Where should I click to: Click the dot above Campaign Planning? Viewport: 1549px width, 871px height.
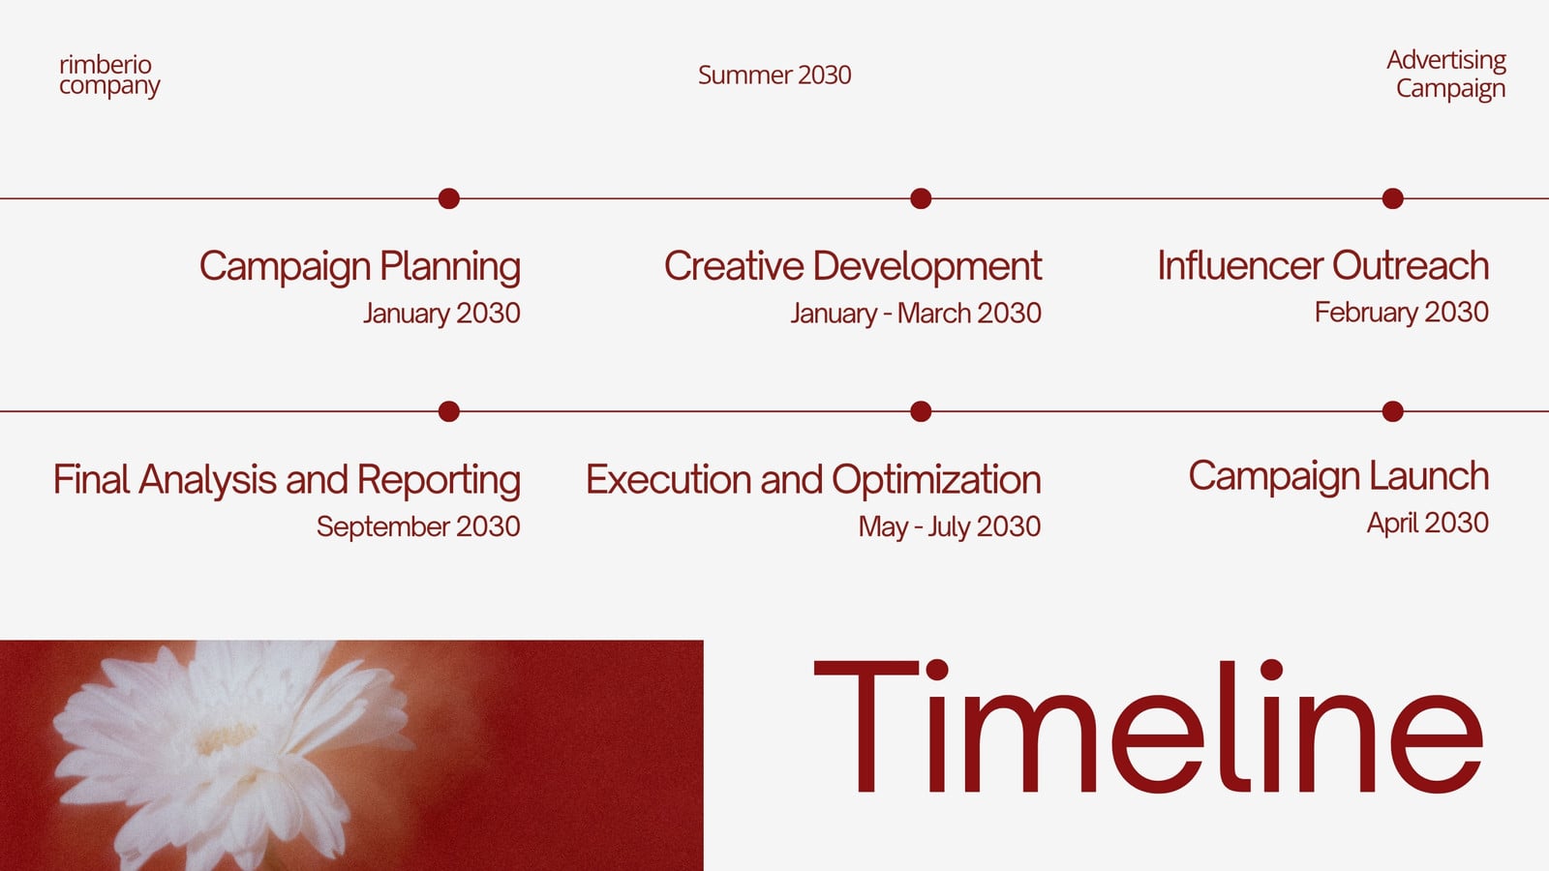(x=449, y=198)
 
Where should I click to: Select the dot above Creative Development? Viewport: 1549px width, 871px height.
(x=921, y=198)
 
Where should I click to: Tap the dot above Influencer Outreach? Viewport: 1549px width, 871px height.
(x=1393, y=198)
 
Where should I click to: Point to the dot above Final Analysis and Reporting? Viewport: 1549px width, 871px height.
(x=449, y=411)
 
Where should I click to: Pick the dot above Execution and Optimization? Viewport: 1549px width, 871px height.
(x=921, y=411)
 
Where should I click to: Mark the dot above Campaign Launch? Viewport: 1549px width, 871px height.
(x=1393, y=411)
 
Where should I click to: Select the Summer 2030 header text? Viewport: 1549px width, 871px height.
(x=774, y=75)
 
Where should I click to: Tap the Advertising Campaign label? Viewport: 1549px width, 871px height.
(x=1446, y=75)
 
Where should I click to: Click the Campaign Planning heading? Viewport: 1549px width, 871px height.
(x=360, y=267)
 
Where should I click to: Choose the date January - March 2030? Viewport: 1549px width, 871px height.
(x=916, y=314)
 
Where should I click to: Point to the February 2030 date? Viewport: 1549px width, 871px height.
(x=1402, y=313)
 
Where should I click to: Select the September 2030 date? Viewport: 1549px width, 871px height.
(x=418, y=526)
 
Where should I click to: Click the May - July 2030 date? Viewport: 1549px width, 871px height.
(x=950, y=526)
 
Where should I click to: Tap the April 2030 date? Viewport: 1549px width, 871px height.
(x=1428, y=524)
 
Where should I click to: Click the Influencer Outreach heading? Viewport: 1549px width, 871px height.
(x=1323, y=265)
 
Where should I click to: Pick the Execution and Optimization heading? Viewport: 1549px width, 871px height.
(x=813, y=480)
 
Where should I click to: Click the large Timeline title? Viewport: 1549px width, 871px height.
(x=1148, y=727)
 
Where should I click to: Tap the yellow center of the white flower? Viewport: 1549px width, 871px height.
(x=225, y=738)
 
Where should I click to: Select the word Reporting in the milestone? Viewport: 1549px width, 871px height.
(x=440, y=480)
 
